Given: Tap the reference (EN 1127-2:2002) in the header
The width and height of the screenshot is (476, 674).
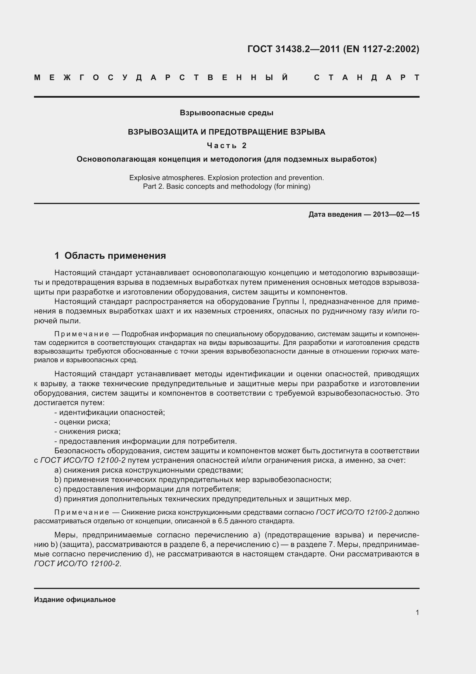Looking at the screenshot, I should (x=381, y=49).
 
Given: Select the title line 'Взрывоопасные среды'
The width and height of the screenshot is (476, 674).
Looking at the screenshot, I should (x=226, y=113).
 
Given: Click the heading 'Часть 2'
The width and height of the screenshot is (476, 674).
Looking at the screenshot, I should (x=227, y=146).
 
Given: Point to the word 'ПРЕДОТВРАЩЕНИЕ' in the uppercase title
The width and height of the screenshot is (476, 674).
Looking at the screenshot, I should (x=248, y=132).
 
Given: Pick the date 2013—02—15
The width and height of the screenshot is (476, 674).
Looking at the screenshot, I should (x=396, y=215).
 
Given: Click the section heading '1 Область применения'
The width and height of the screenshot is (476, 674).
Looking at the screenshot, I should (x=110, y=256).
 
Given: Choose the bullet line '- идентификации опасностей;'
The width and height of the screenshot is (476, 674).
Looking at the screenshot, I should (x=110, y=412).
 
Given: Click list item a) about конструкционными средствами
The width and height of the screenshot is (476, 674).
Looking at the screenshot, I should (x=149, y=470).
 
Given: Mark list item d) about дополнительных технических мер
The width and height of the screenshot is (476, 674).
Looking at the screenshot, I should (x=203, y=499).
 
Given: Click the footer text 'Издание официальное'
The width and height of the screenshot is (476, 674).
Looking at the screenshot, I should (x=75, y=599).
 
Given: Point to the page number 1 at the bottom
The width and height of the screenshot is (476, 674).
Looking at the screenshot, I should (x=417, y=612).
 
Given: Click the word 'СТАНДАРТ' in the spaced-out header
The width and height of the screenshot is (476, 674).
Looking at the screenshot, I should (x=367, y=78).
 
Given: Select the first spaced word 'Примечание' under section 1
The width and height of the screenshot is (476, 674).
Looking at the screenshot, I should (x=82, y=334).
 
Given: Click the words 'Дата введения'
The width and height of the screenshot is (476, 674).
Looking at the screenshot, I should (x=335, y=215).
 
